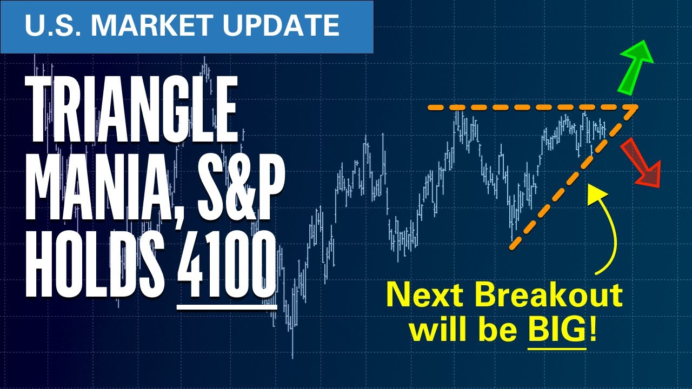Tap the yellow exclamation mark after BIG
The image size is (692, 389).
[594, 330]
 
